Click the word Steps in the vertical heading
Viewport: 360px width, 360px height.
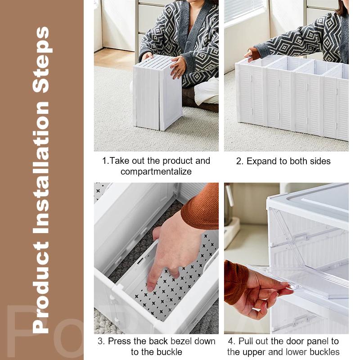[41, 60]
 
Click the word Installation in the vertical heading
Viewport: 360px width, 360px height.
[41, 167]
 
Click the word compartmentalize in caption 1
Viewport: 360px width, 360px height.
[156, 172]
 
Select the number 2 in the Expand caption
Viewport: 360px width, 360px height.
[239, 162]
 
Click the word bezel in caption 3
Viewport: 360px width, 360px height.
[181, 342]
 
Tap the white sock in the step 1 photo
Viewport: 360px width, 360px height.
[207, 91]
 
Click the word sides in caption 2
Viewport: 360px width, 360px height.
[320, 162]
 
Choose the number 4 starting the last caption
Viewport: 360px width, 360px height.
[230, 342]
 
